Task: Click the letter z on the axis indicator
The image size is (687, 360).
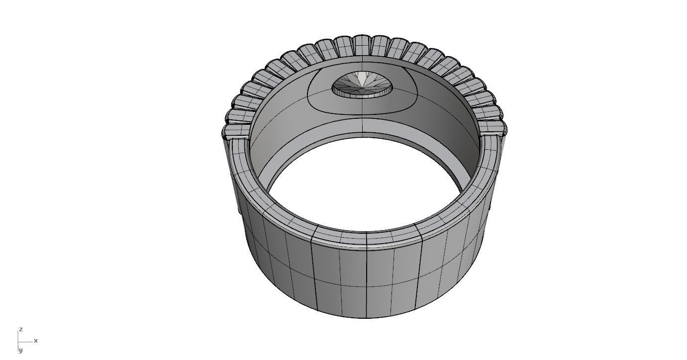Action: point(20,330)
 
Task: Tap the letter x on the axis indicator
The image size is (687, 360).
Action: point(36,341)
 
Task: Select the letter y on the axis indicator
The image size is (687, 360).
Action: point(20,351)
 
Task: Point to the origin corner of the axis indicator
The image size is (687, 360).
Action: point(19,342)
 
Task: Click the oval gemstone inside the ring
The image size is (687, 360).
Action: point(362,85)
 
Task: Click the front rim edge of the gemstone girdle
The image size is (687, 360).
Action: point(362,95)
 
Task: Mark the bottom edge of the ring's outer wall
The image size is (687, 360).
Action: point(366,317)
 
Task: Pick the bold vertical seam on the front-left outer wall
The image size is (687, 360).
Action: point(313,273)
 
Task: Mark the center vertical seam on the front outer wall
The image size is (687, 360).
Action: point(367,278)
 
